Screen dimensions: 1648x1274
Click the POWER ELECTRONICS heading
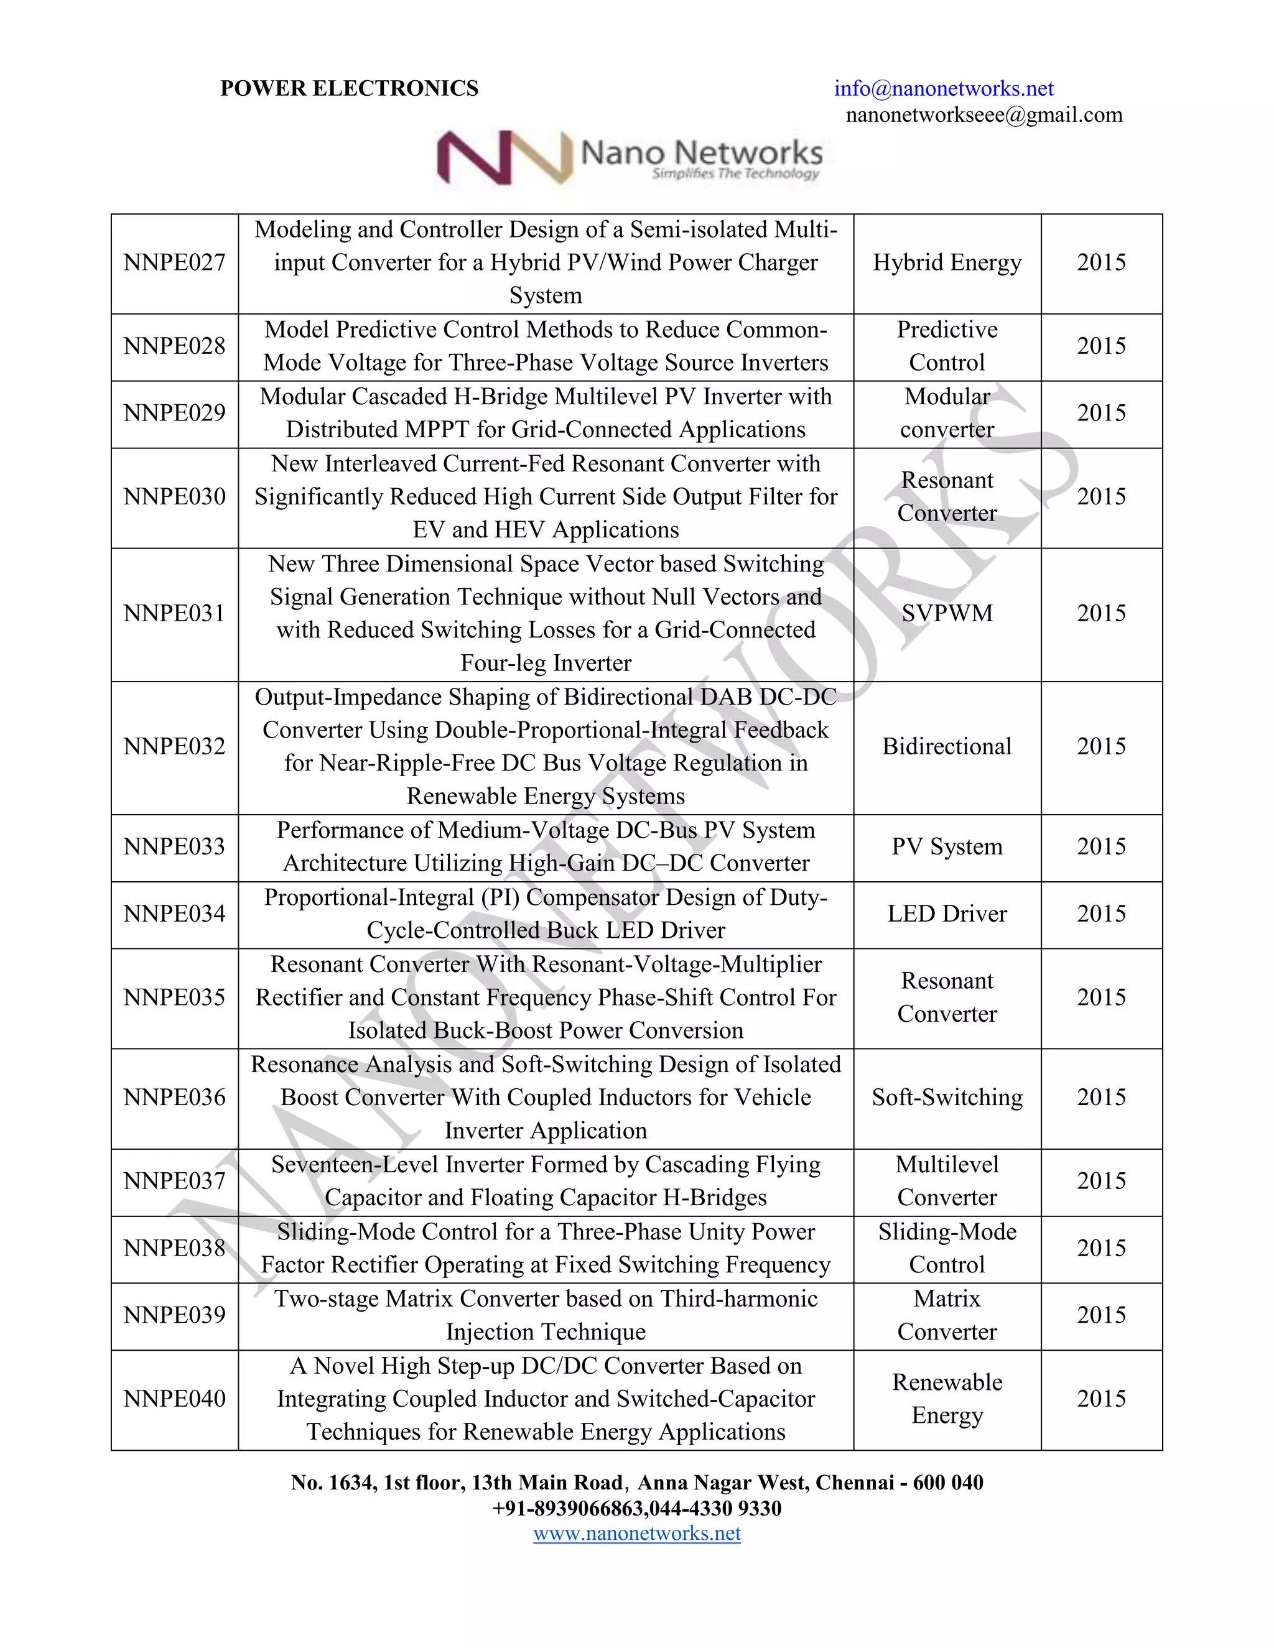point(349,89)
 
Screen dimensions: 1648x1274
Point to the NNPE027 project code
point(174,262)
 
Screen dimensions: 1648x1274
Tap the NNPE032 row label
point(174,746)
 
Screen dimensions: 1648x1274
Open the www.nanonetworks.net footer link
point(636,1534)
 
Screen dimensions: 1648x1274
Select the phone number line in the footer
point(636,1509)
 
